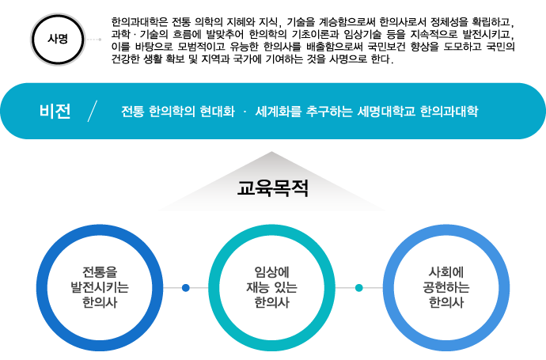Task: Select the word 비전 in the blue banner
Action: coord(55,112)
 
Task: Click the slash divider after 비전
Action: coord(94,112)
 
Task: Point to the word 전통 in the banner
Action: coord(132,112)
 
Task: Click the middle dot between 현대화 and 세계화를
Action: coord(245,112)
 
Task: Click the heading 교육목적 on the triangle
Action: coord(272,190)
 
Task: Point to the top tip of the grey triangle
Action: coord(271,153)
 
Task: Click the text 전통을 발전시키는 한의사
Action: coord(100,287)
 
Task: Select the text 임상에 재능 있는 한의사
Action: coord(272,287)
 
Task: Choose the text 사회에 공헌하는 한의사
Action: coord(446,287)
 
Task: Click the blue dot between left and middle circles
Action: coord(186,288)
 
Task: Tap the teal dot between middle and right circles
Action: coord(359,288)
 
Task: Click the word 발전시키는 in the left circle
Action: coord(100,287)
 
